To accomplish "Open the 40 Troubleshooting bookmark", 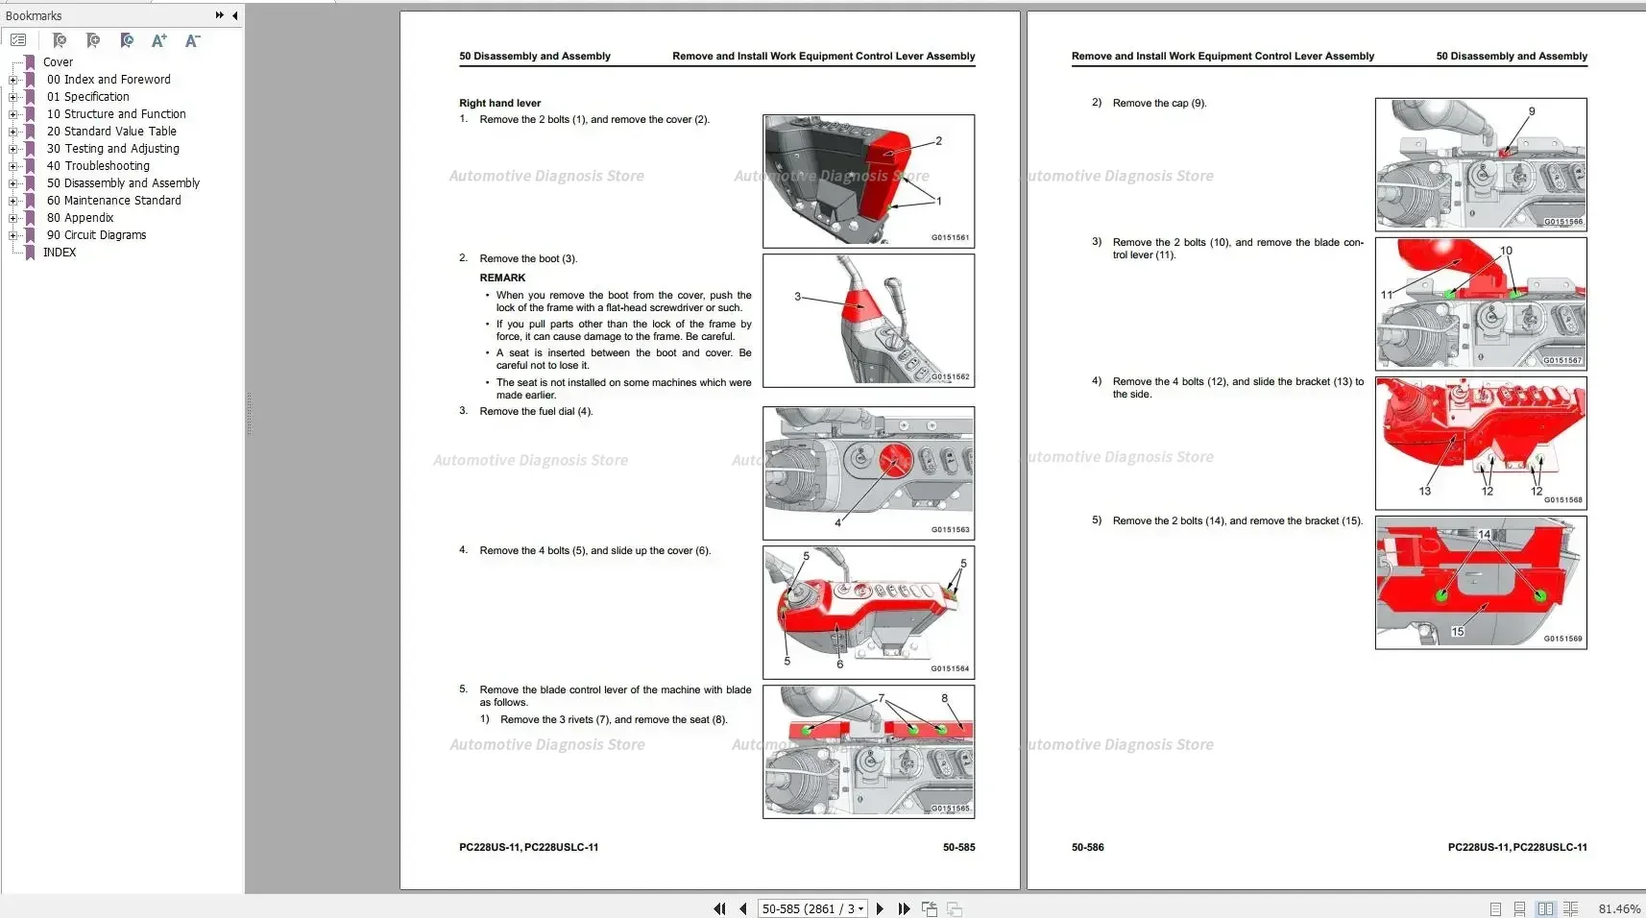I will click(x=98, y=166).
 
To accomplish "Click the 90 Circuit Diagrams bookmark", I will click(x=96, y=235).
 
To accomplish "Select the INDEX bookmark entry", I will click(x=60, y=253).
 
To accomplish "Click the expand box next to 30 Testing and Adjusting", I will click(x=13, y=149).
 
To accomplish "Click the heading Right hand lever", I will click(x=499, y=104).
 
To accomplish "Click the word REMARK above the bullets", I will click(x=502, y=278).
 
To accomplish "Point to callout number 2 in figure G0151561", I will click(x=938, y=141).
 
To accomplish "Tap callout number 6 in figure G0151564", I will click(x=839, y=664).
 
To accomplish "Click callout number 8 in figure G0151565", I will click(x=944, y=698).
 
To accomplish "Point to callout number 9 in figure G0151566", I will click(x=1532, y=111).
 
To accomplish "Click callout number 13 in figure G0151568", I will click(x=1424, y=491).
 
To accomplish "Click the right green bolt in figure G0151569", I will click(x=1540, y=595).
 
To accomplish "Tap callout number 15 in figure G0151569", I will click(x=1458, y=631).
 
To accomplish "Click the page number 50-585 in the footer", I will click(x=958, y=847).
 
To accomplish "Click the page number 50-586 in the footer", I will click(x=1087, y=847).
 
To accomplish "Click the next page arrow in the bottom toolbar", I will click(x=880, y=908).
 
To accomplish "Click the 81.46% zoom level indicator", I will click(x=1619, y=908).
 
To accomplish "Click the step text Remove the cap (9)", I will click(x=1159, y=104).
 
